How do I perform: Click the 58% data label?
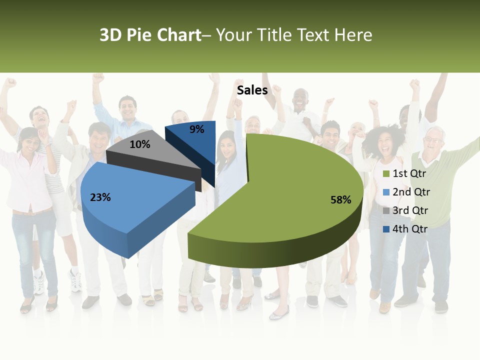point(340,200)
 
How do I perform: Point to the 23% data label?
point(100,197)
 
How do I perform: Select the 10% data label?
point(139,144)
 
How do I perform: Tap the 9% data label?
point(197,129)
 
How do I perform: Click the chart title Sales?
point(252,90)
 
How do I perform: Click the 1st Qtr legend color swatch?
point(386,174)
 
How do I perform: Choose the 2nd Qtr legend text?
point(411,192)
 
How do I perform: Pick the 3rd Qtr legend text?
point(410,210)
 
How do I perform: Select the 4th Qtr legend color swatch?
point(386,229)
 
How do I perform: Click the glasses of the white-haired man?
point(433,139)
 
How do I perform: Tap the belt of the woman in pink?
point(31,212)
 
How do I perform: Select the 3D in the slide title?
point(110,35)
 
